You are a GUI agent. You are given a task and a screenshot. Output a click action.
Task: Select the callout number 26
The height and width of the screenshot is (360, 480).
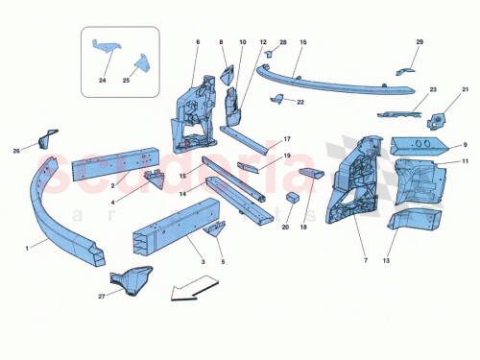[x=16, y=150]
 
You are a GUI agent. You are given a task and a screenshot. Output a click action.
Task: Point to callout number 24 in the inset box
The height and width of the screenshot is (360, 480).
[x=103, y=81]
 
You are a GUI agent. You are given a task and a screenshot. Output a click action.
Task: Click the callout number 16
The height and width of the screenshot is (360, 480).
[x=303, y=42]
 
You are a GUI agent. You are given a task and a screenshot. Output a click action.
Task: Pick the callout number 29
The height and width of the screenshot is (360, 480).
[x=420, y=42]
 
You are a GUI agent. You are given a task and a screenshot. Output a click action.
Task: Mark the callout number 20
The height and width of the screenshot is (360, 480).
[x=285, y=228]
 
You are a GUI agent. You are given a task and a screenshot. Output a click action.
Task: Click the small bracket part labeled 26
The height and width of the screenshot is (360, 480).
[x=46, y=139]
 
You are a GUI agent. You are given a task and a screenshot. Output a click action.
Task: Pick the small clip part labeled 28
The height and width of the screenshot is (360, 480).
[x=271, y=57]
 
